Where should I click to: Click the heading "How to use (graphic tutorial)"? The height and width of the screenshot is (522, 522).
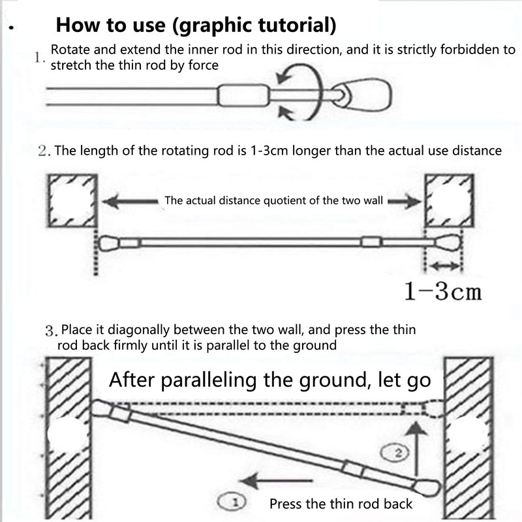(x=196, y=25)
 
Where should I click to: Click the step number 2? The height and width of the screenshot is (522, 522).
(x=43, y=151)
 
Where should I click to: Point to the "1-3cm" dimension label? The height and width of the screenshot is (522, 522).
(x=442, y=291)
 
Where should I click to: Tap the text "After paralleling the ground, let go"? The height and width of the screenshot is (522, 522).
(x=270, y=380)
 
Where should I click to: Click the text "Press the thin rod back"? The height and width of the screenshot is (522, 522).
(x=341, y=503)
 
